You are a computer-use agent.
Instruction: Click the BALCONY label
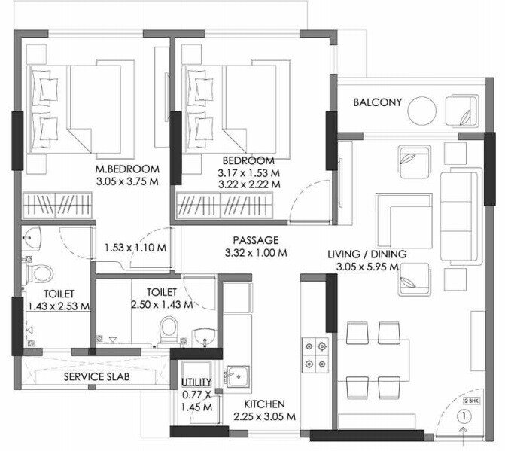[378, 102]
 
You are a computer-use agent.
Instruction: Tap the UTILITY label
[196, 382]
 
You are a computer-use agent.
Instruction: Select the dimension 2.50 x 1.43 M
[161, 304]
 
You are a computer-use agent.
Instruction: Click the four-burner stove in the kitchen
[314, 354]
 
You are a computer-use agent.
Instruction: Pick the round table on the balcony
[422, 111]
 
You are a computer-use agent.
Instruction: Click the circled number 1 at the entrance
[465, 415]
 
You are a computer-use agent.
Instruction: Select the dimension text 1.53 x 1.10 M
[136, 247]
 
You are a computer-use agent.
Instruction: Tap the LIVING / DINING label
[367, 254]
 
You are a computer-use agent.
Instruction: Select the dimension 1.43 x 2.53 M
[59, 306]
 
